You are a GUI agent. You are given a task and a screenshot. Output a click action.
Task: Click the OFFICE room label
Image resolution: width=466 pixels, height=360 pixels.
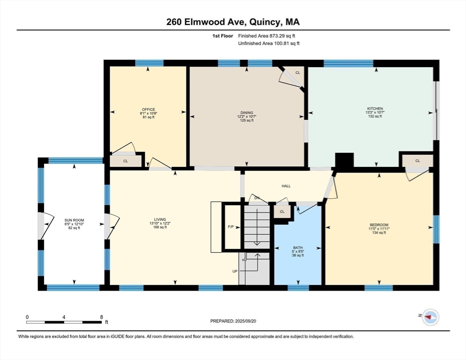coord(148,110)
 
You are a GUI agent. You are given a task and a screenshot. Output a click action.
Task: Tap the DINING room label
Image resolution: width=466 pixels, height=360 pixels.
coord(247,113)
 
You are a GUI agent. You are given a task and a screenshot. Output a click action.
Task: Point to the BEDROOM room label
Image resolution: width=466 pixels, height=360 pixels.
coord(379,225)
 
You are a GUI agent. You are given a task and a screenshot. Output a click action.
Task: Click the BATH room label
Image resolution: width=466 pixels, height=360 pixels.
coord(297,247)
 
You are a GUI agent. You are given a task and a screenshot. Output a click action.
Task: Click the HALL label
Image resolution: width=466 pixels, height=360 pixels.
coord(286,186)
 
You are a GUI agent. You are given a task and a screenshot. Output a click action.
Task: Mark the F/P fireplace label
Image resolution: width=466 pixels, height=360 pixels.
coord(231,227)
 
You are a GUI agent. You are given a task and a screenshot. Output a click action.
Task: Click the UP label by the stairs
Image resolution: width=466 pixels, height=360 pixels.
coord(235,271)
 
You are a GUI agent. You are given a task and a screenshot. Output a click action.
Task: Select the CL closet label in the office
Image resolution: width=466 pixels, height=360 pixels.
coord(125,161)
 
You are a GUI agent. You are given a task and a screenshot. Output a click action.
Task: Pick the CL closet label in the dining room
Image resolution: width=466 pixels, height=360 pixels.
coord(298,73)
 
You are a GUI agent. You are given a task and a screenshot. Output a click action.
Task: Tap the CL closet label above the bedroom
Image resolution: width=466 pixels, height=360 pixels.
coord(417,161)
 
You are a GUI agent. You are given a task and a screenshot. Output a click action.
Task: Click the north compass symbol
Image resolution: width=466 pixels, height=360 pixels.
coord(430,317)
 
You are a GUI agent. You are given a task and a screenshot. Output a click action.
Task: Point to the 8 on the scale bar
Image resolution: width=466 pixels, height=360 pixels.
coord(101,317)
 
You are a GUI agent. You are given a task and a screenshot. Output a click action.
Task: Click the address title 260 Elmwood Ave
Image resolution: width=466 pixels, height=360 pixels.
coord(233,22)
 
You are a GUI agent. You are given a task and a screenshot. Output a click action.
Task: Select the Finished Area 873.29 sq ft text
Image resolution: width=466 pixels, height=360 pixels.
coord(267,36)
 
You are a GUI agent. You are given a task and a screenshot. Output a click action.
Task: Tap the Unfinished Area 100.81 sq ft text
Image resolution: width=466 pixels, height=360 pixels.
coord(269,43)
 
